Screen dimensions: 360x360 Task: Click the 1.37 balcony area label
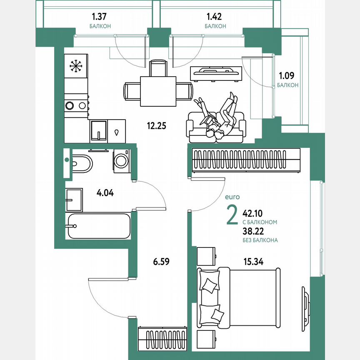click(x=100, y=17)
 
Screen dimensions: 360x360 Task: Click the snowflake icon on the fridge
click(x=75, y=65)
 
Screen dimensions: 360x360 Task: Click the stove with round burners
click(x=76, y=105)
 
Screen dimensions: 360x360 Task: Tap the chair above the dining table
click(x=158, y=68)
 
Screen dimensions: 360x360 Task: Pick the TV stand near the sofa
click(x=216, y=73)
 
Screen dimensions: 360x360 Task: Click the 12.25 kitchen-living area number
click(x=156, y=125)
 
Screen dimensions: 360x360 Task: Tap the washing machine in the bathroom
click(x=122, y=160)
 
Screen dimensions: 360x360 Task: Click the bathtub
click(x=98, y=226)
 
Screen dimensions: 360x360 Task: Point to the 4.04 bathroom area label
click(x=105, y=193)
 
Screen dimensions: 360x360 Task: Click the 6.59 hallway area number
click(x=162, y=262)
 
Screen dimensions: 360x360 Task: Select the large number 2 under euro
click(x=232, y=215)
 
